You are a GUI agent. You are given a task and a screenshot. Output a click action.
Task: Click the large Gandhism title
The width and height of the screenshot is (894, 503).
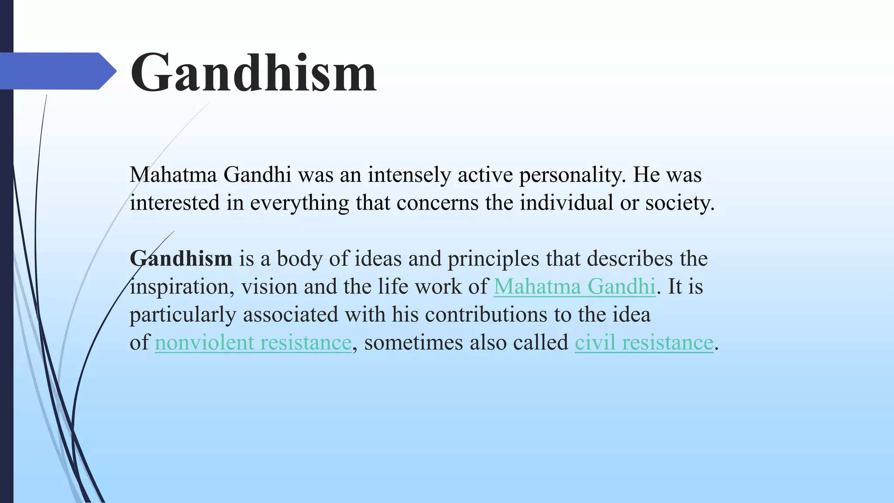point(253,72)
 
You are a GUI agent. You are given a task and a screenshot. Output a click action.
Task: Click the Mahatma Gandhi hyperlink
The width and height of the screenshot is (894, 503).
point(574,287)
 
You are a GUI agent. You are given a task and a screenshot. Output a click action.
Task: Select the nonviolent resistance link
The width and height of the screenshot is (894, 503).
point(253,343)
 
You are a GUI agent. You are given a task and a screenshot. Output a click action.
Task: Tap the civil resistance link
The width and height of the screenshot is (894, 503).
point(644,343)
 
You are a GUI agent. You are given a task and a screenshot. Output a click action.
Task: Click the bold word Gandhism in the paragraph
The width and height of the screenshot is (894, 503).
point(181,258)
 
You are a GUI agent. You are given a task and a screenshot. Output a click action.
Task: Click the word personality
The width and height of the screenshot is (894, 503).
point(572,175)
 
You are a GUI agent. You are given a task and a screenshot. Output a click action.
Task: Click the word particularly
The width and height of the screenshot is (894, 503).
point(182,315)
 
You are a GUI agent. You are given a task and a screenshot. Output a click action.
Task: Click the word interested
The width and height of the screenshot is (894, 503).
point(175,203)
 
